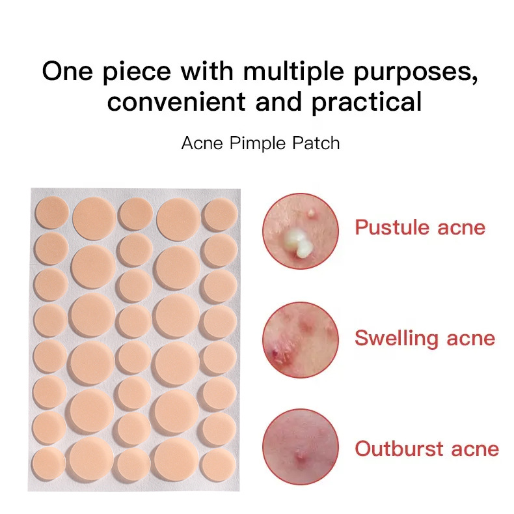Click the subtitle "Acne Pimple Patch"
pyautogui.click(x=260, y=143)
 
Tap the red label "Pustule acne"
pyautogui.click(x=420, y=227)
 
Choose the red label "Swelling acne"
pyautogui.click(x=425, y=338)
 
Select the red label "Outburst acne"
pyautogui.click(x=427, y=449)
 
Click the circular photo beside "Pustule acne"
pyautogui.click(x=301, y=231)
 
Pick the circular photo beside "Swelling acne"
pyautogui.click(x=301, y=339)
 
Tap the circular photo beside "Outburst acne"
pyautogui.click(x=301, y=447)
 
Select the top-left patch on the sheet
pyautogui.click(x=51, y=213)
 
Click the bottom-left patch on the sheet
pyautogui.click(x=49, y=463)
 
